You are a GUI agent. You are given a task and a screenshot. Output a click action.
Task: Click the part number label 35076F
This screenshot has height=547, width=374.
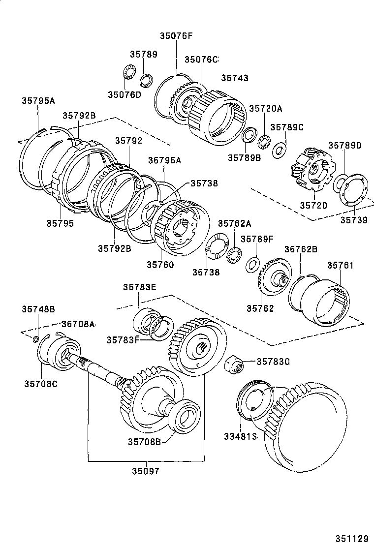(176, 35)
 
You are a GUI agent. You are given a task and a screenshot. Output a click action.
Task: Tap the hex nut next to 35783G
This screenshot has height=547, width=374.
(233, 365)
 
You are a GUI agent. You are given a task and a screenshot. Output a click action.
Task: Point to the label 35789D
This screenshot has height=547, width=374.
(344, 145)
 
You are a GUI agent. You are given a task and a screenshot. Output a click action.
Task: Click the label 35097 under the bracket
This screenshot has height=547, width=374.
(146, 471)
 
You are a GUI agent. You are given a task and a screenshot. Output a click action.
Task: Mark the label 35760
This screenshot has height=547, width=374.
(160, 264)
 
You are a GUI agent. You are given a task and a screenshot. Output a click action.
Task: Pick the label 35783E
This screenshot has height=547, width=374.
(139, 287)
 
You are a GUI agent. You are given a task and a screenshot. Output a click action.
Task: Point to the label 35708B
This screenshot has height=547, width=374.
(145, 441)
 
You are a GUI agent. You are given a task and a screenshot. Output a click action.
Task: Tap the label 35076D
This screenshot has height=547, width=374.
(125, 94)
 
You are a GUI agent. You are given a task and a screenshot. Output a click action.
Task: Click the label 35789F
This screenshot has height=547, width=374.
(270, 239)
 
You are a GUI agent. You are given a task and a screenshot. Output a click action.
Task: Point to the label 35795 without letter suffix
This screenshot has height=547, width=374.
(60, 223)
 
